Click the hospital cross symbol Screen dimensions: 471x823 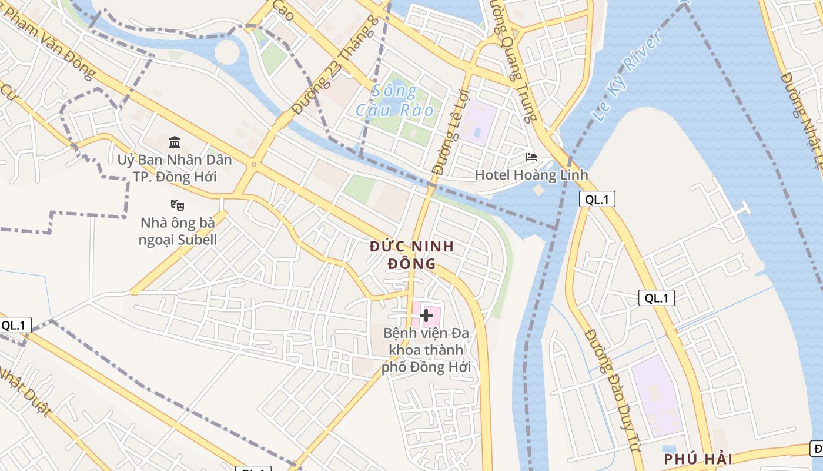pos(426,315)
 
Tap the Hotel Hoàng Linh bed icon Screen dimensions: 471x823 pos(531,157)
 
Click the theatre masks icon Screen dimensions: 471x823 pos(178,205)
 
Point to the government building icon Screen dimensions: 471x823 pos(175,142)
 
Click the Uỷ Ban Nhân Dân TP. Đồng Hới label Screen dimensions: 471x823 pos(175,168)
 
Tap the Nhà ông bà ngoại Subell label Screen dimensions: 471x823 pos(178,231)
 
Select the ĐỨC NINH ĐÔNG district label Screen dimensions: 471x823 pos(412,255)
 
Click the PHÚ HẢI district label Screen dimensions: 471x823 pos(698,459)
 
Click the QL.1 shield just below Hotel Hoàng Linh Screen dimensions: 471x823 pos(597,200)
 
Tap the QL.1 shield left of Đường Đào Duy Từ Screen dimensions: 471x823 pos(657,298)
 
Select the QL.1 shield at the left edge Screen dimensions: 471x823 pos(15,325)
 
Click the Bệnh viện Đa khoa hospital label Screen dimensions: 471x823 pos(426,350)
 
